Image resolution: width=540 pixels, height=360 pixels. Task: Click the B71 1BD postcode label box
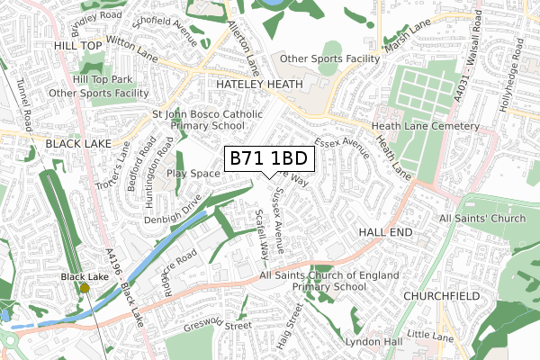[269, 158]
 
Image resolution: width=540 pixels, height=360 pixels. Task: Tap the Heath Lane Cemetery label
[426, 127]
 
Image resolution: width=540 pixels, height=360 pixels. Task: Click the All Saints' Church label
[481, 219]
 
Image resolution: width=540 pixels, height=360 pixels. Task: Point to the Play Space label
[193, 173]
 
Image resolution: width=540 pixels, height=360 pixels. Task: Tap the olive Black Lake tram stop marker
[85, 288]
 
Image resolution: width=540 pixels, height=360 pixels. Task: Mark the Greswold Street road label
[216, 325]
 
